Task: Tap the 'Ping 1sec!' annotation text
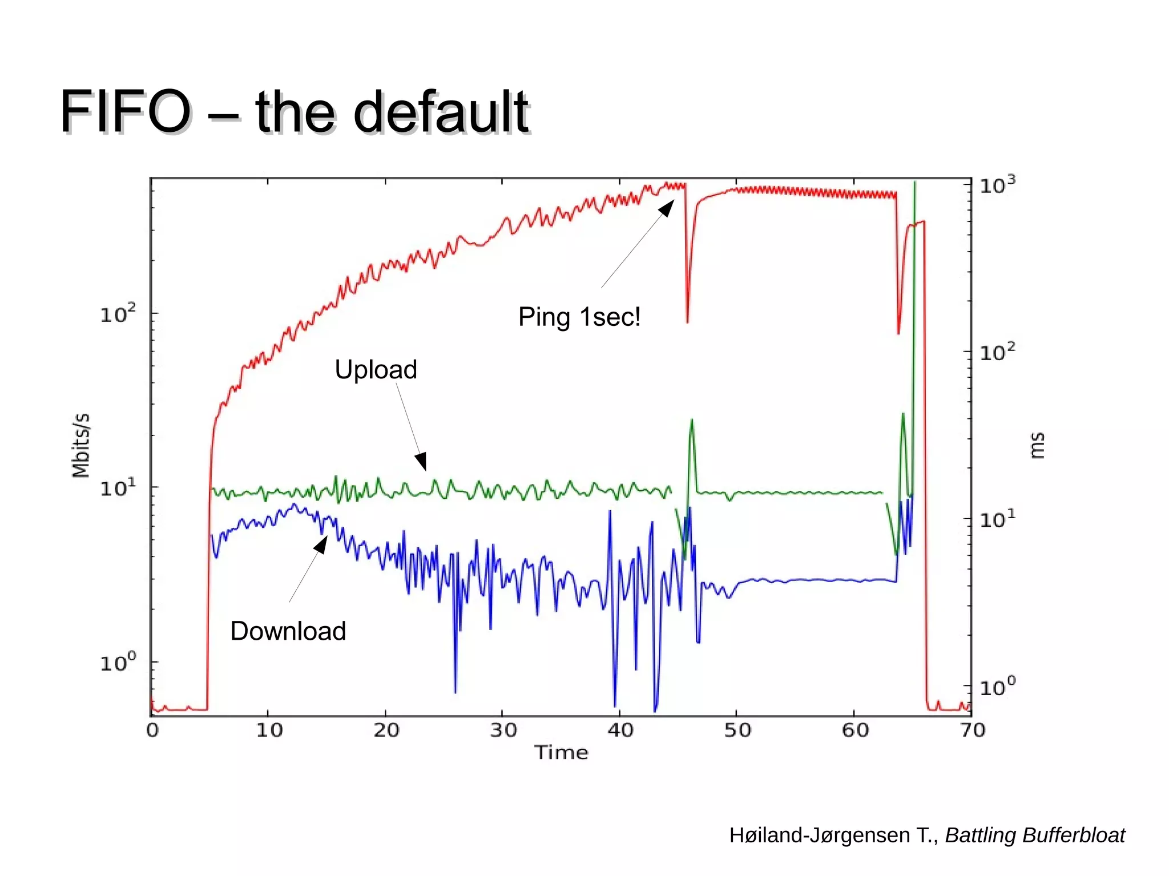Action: (x=579, y=317)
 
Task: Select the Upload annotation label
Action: (x=376, y=369)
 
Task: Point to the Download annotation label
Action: (x=288, y=631)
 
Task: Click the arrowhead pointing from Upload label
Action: (x=421, y=461)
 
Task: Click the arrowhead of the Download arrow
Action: (x=321, y=544)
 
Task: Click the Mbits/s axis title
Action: (x=81, y=445)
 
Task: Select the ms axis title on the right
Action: (x=1037, y=446)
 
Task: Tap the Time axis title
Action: (x=561, y=753)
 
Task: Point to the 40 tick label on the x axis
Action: (x=620, y=730)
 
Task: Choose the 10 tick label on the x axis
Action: (x=269, y=730)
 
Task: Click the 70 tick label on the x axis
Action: (x=972, y=730)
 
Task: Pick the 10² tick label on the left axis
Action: (x=118, y=313)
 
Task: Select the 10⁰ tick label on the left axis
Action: (x=118, y=663)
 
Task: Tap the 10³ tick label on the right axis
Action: (x=997, y=185)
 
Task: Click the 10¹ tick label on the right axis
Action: (x=997, y=519)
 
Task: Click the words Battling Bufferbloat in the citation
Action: (x=1035, y=835)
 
